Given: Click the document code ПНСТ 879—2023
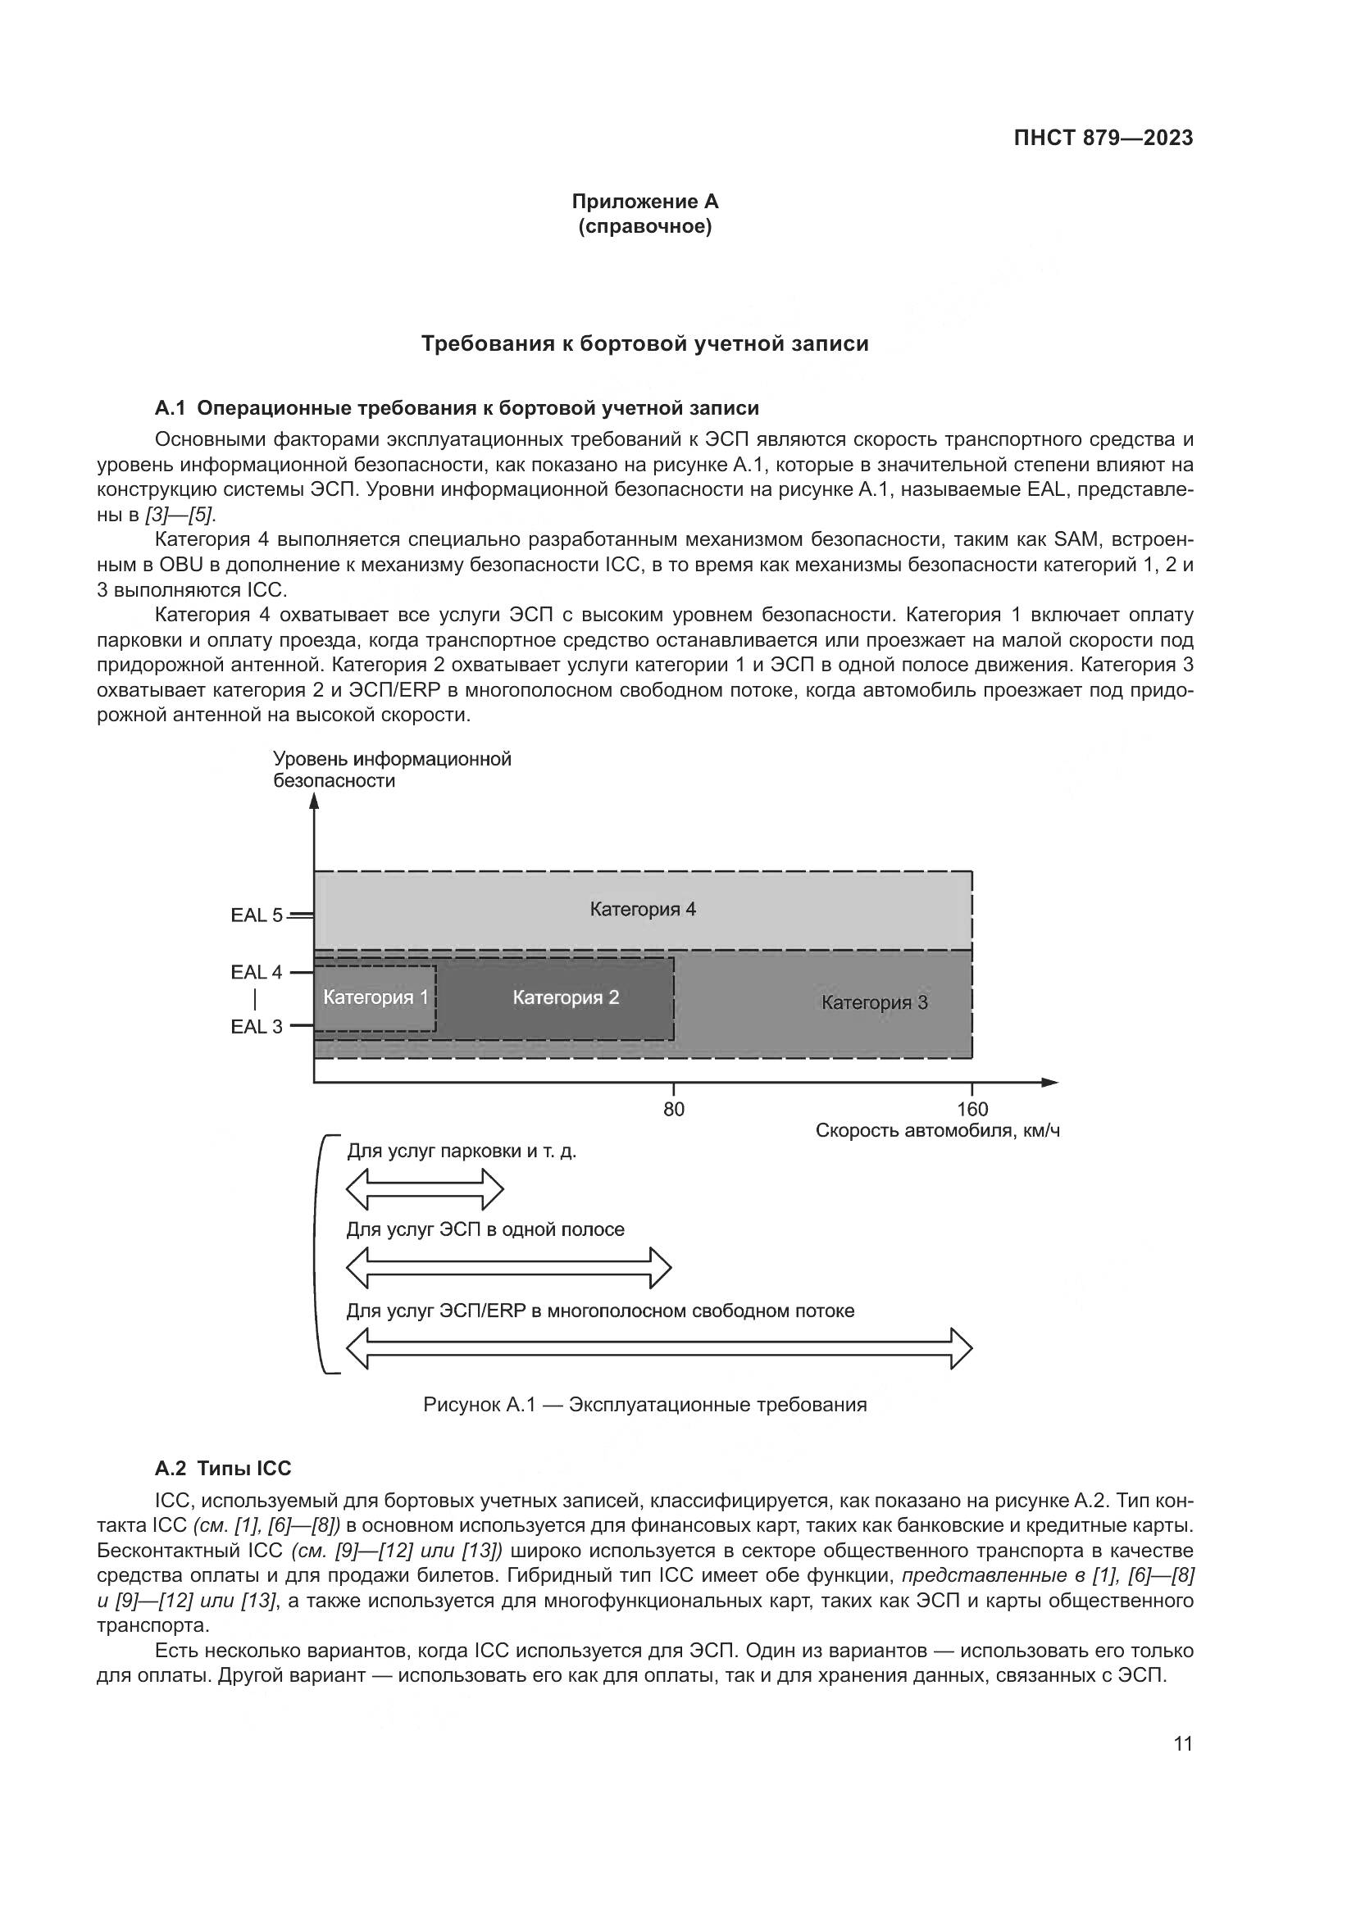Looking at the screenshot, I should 1103,139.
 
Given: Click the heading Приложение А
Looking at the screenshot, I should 644,202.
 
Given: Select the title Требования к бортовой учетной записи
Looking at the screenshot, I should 644,344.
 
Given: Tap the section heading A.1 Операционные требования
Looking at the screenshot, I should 457,408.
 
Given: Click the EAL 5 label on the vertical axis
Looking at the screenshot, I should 257,915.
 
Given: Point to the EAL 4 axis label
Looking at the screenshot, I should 257,972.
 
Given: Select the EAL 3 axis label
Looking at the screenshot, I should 257,1027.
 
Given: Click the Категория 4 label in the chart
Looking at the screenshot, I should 643,909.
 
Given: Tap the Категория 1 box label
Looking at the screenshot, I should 375,997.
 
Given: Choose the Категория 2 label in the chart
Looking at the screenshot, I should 567,997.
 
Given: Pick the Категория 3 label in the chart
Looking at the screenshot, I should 874,1002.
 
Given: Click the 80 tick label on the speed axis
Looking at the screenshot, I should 674,1110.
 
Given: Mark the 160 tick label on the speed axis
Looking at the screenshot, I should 973,1110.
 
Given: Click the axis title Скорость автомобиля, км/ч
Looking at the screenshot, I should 937,1131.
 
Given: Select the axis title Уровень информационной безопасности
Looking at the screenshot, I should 393,770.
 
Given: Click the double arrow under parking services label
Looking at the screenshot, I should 425,1189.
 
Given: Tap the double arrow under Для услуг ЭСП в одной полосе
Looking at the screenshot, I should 508,1267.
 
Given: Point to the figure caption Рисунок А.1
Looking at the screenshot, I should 644,1406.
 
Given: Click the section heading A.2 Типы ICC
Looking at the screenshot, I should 223,1469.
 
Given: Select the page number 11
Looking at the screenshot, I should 1183,1743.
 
